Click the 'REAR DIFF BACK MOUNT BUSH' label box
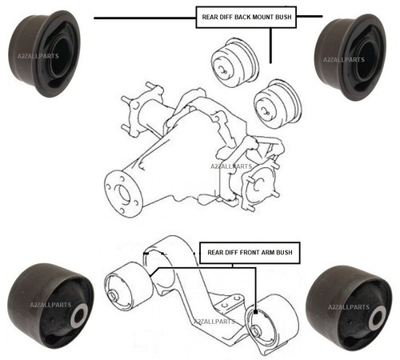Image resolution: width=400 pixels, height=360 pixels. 246,18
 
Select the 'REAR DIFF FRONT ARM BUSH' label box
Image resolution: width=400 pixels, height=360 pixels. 250,253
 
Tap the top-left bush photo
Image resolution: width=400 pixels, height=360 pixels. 44,54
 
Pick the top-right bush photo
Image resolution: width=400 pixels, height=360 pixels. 350,57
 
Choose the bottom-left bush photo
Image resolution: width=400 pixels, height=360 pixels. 50,306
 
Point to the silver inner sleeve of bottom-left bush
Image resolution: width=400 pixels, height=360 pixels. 79,314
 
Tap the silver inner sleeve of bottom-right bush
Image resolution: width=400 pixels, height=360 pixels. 377,317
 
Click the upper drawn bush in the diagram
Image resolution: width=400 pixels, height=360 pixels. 234,63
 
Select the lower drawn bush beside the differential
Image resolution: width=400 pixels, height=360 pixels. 278,103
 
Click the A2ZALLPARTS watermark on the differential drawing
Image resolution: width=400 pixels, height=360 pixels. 231,166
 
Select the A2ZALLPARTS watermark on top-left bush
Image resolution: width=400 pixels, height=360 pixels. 38,56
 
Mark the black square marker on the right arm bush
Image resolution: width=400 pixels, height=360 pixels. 255,311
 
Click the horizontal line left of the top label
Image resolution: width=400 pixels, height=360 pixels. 145,18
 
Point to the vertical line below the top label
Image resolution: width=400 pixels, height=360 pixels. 270,46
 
